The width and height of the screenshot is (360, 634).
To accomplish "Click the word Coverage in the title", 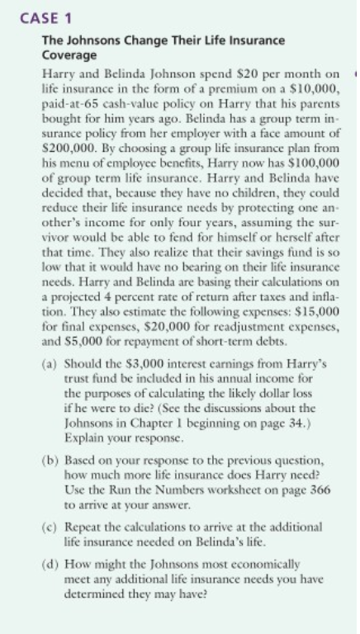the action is click(69, 55).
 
